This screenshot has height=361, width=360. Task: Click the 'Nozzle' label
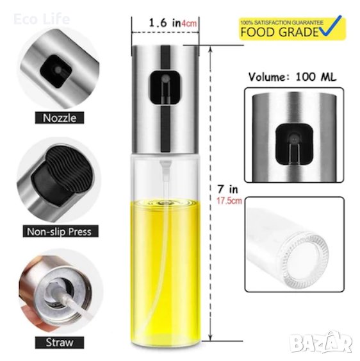(x=60, y=118)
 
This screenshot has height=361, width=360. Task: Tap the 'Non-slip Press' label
(x=60, y=231)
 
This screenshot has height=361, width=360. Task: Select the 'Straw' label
(x=60, y=342)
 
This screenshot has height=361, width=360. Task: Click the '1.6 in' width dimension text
(x=165, y=22)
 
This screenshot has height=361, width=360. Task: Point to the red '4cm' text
(x=189, y=23)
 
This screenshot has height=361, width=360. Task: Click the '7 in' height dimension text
(x=228, y=189)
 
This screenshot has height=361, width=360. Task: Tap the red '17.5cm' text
(x=229, y=201)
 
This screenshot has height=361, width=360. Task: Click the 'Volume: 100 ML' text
(x=292, y=77)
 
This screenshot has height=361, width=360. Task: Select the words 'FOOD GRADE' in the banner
(x=279, y=32)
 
